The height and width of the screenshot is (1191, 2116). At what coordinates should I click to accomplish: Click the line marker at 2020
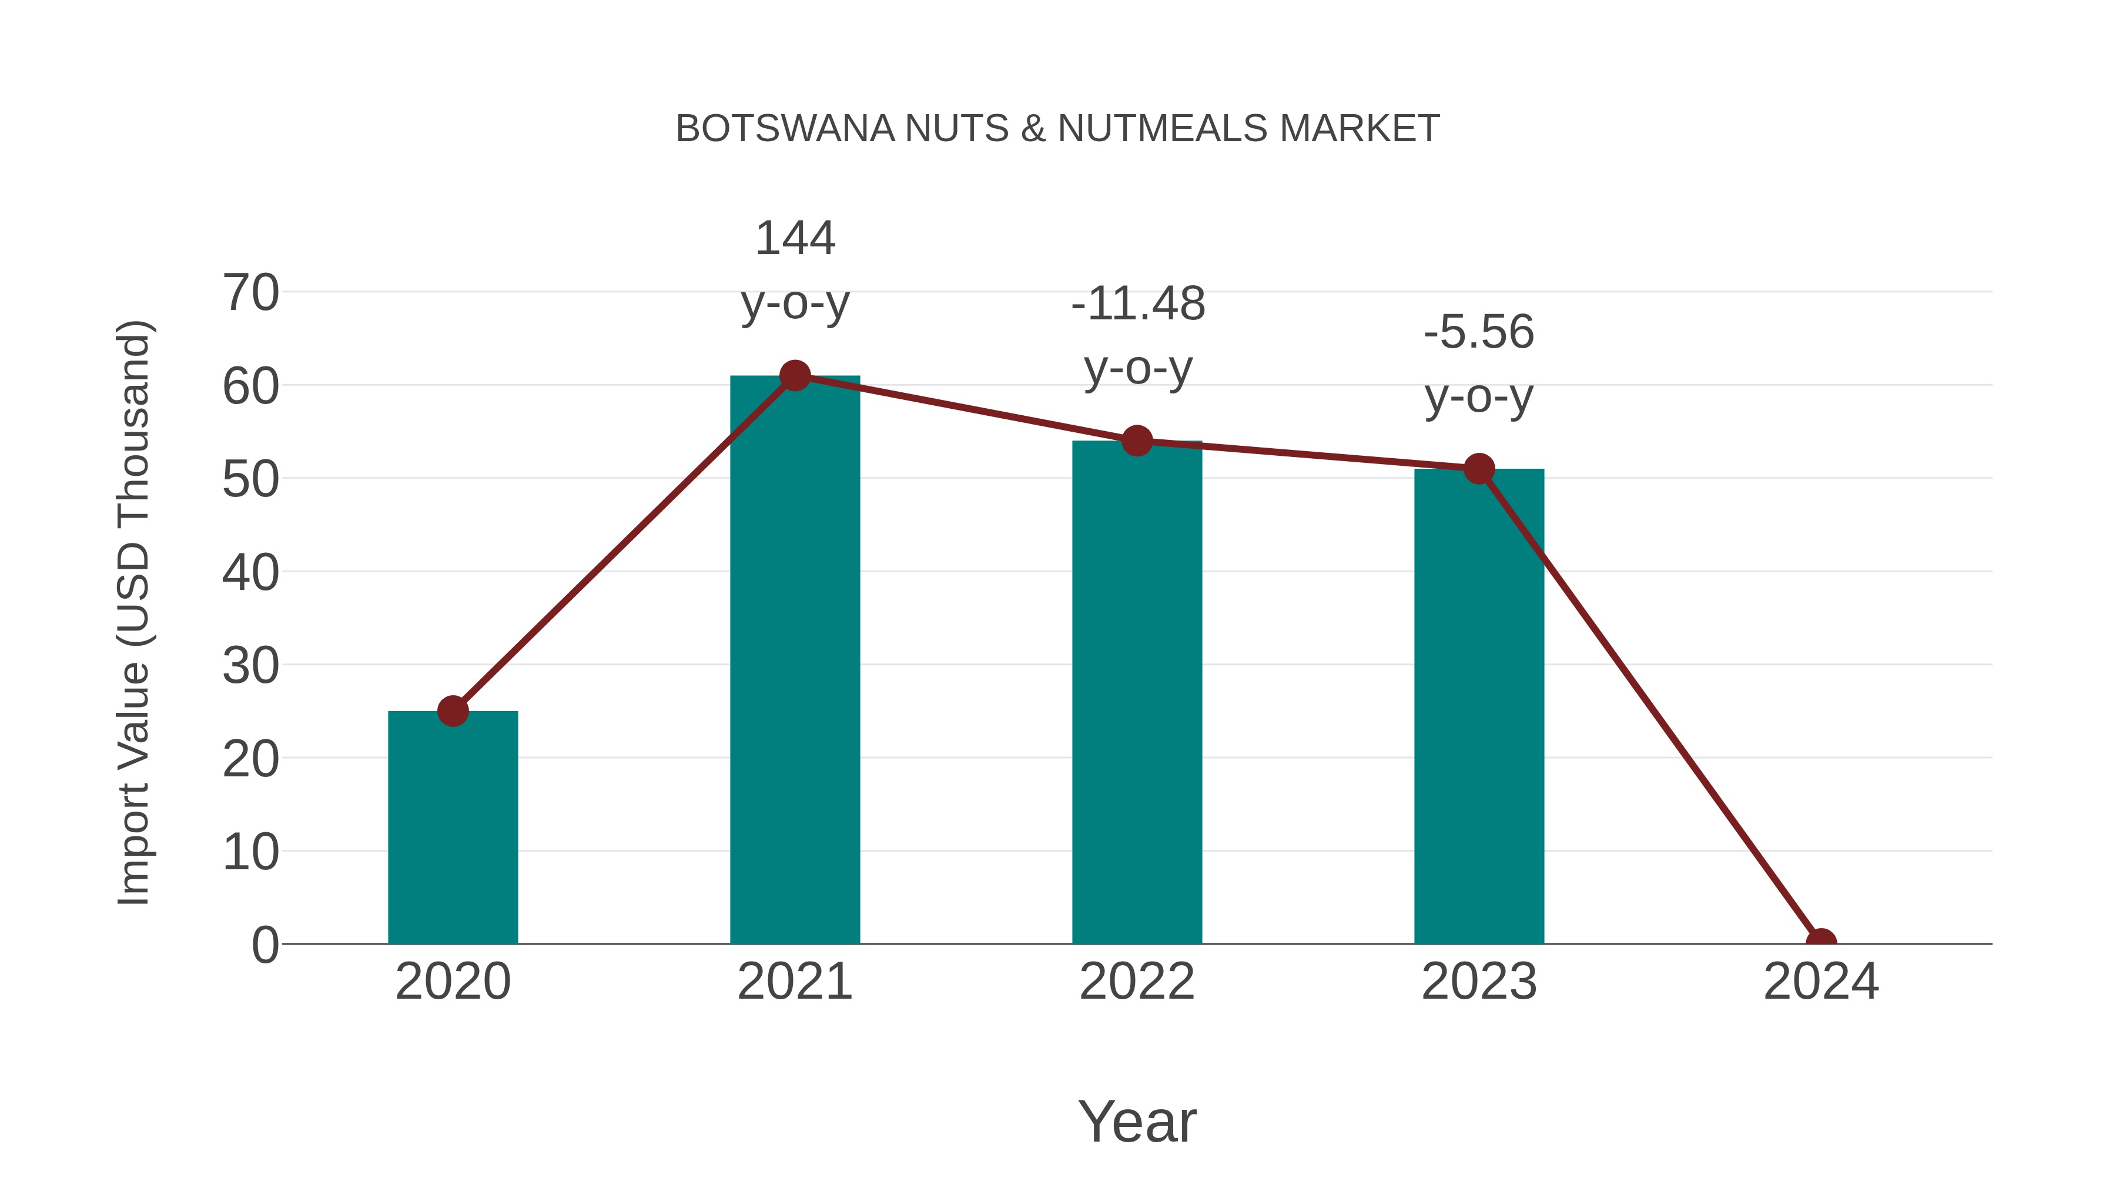(x=453, y=711)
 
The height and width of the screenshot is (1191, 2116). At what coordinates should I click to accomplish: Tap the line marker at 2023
(x=1479, y=469)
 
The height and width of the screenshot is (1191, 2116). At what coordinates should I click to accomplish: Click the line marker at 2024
(x=1820, y=942)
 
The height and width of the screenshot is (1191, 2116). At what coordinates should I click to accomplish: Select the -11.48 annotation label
(x=1138, y=303)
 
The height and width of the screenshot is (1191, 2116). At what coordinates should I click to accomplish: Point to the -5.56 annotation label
(x=1479, y=332)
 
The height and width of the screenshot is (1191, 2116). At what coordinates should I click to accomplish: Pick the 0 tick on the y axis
(x=264, y=945)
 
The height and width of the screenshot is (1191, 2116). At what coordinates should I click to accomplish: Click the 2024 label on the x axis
(x=1820, y=982)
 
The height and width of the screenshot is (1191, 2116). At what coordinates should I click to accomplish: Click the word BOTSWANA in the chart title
(x=785, y=129)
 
